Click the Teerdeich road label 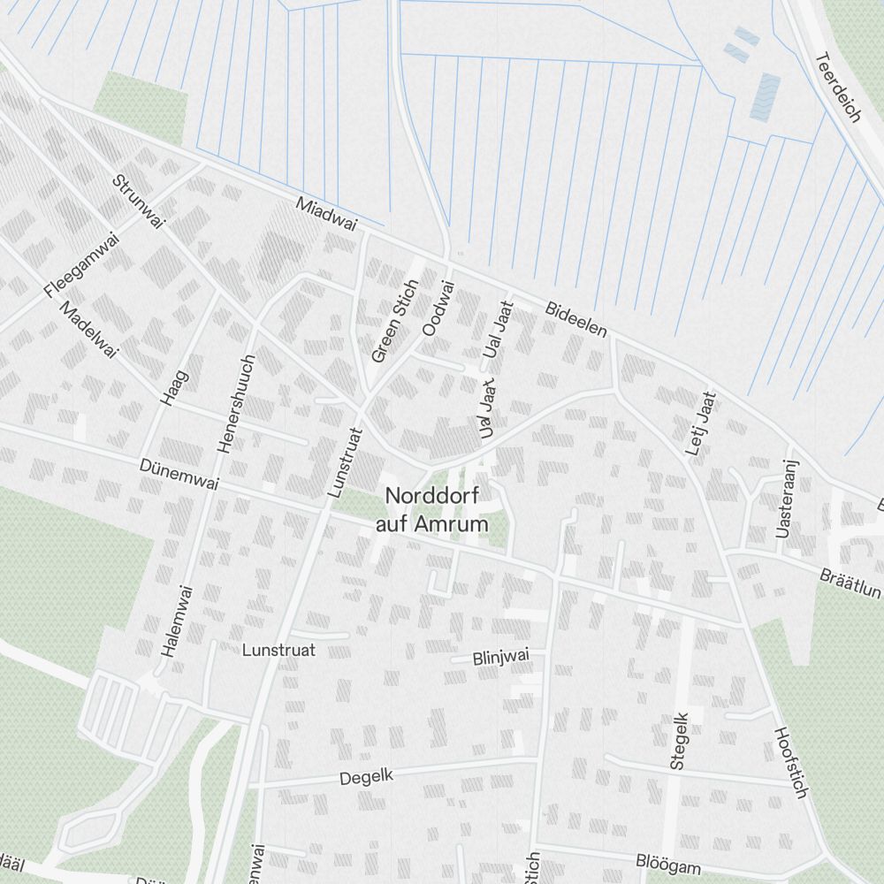(836, 88)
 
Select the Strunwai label (139, 202)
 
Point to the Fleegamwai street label (80, 264)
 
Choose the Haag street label (174, 387)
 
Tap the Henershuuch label (236, 404)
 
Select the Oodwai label (438, 308)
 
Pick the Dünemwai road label (179, 475)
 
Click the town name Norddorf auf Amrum (432, 510)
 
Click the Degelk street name (366, 777)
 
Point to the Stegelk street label (678, 741)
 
